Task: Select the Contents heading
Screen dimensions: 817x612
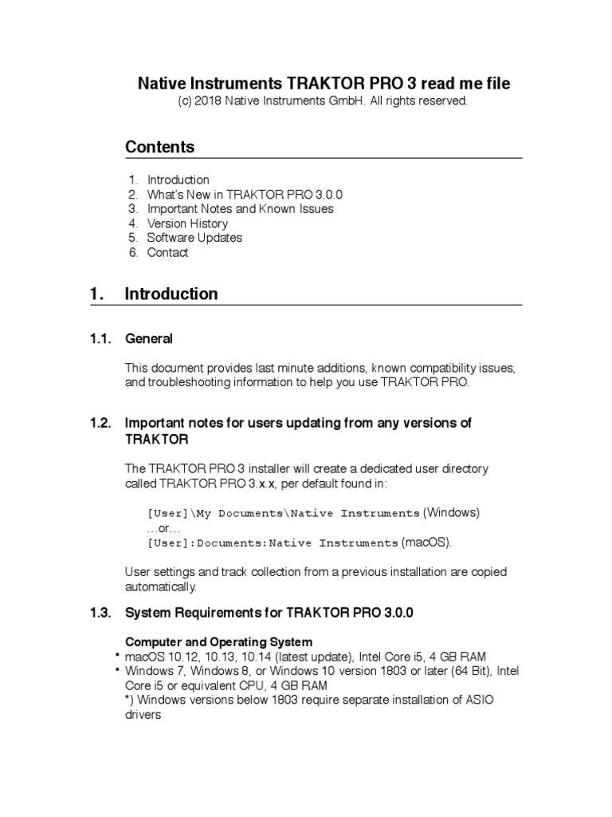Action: point(159,147)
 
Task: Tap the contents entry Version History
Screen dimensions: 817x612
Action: point(187,223)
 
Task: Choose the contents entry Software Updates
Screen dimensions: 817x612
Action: point(194,238)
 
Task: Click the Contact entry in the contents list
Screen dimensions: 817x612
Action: point(167,252)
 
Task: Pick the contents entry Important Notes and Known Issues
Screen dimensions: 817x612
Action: point(240,209)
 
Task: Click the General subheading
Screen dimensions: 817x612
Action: point(149,339)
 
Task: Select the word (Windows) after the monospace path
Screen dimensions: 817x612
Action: point(451,511)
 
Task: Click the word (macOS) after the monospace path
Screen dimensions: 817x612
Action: point(426,543)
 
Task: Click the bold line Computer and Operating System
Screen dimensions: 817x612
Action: point(219,642)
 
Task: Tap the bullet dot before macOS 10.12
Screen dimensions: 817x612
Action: point(117,655)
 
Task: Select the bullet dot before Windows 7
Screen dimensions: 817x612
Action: point(117,670)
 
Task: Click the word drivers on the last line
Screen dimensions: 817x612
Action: point(143,716)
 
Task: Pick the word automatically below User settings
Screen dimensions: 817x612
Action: point(160,586)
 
